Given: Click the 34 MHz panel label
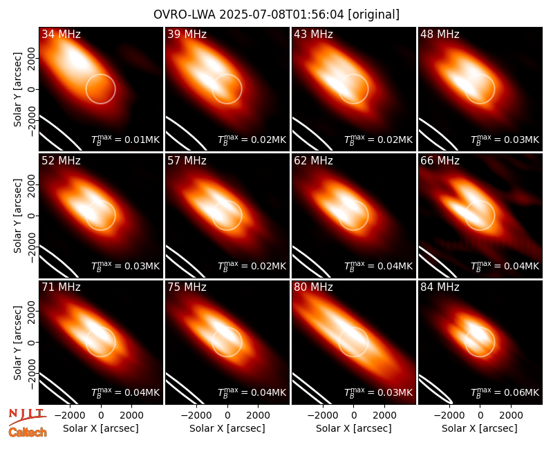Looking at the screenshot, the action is click(61, 34).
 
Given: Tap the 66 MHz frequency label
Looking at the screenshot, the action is click(440, 161).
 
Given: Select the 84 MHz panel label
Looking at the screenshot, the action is click(440, 287).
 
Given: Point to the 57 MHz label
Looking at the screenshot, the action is click(187, 161).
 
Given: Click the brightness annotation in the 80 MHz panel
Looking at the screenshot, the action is click(378, 392).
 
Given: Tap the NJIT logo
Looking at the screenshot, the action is click(27, 417).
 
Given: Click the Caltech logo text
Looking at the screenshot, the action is click(28, 432).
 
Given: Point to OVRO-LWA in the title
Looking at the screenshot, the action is click(185, 15).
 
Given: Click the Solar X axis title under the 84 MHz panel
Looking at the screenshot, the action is click(480, 428).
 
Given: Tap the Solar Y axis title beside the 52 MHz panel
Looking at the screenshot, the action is click(17, 216).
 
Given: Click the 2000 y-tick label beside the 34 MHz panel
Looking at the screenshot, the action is click(31, 58).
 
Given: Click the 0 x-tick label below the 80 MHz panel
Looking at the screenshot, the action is click(354, 415).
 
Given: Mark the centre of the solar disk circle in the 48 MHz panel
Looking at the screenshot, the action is click(480, 89).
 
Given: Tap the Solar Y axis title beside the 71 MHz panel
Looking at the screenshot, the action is click(17, 343).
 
